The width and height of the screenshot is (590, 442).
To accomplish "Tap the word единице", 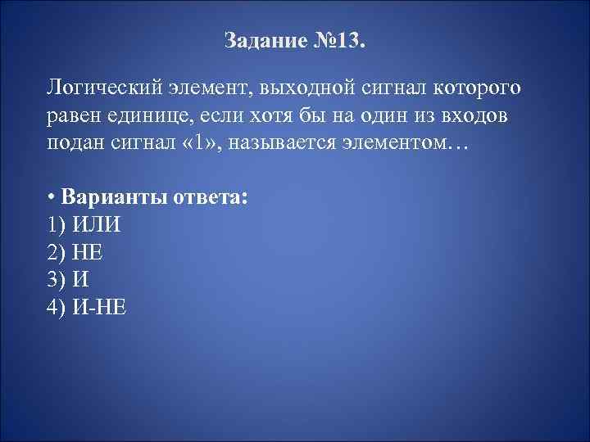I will [157, 115].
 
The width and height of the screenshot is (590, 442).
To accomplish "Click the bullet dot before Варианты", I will [51, 198].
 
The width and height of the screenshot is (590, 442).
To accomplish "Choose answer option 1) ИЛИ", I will [85, 225].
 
